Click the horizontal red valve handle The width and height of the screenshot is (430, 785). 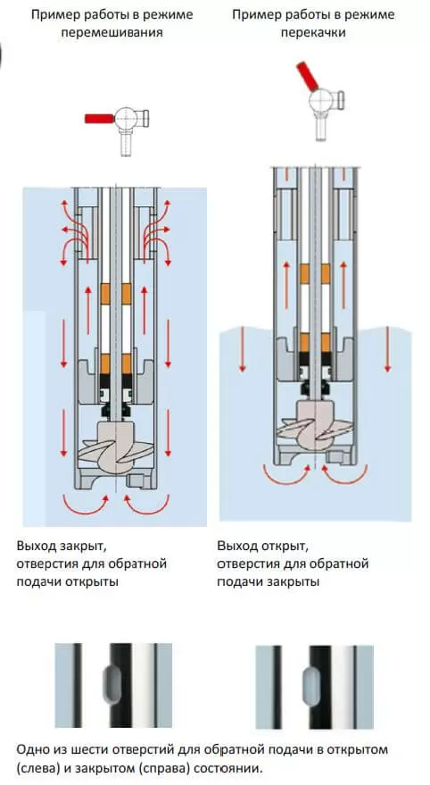pyautogui.click(x=100, y=119)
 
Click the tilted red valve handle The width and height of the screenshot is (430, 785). pyautogui.click(x=306, y=76)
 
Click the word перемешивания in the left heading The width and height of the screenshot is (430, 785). pyautogui.click(x=112, y=33)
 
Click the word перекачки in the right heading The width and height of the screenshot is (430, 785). pyautogui.click(x=313, y=33)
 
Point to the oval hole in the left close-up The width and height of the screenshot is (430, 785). pyautogui.click(x=112, y=684)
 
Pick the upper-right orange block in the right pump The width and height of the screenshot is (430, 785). pyautogui.click(x=326, y=274)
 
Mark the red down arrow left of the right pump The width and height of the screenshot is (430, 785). pyautogui.click(x=243, y=349)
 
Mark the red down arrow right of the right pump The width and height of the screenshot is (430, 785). pyautogui.click(x=387, y=349)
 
